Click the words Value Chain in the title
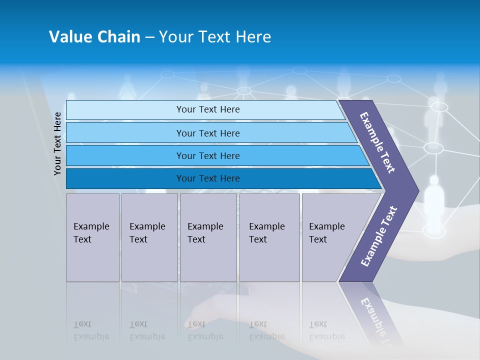pyautogui.click(x=94, y=37)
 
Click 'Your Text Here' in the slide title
pyautogui.click(x=215, y=37)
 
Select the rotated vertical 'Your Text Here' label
pyautogui.click(x=57, y=143)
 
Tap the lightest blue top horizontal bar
pyautogui.click(x=207, y=109)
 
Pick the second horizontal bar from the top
pyautogui.click(x=207, y=133)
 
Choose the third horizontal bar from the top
pyautogui.click(x=207, y=155)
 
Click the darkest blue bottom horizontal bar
pyautogui.click(x=207, y=178)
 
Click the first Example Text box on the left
pyautogui.click(x=92, y=237)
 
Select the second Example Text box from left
pyautogui.click(x=149, y=237)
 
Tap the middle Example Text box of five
pyautogui.click(x=208, y=237)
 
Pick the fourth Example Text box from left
pyautogui.click(x=269, y=237)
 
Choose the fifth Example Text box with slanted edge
pyautogui.click(x=330, y=237)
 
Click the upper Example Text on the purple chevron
pyautogui.click(x=377, y=142)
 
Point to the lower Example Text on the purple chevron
pyautogui.click(x=378, y=236)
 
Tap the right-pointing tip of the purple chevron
pyautogui.click(x=415, y=190)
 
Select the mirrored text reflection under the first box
pyautogui.click(x=91, y=330)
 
